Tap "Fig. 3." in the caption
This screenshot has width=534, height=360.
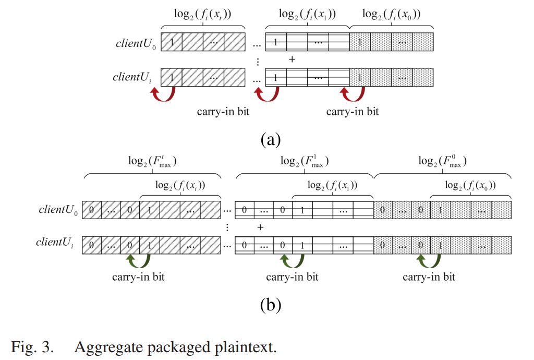point(32,347)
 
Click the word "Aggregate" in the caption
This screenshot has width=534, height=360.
point(107,347)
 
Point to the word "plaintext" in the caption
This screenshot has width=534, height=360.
point(245,347)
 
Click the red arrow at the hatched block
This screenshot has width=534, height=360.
point(162,94)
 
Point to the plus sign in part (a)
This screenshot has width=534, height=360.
point(292,59)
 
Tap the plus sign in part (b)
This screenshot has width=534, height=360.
point(260,227)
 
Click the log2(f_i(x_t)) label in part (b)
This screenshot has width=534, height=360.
point(180,184)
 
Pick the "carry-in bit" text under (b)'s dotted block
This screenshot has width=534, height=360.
point(429,277)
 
